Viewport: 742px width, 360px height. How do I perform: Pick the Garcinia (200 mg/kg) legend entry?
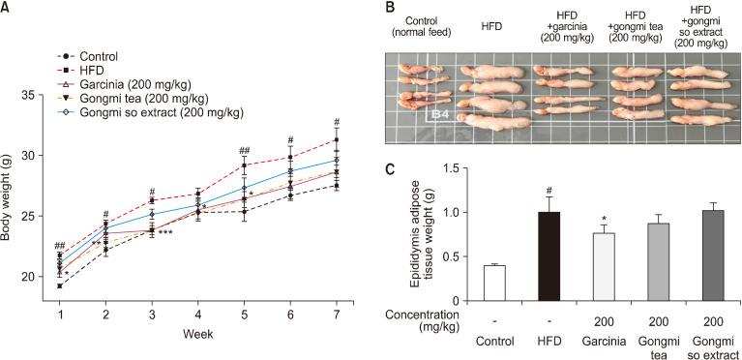click(x=131, y=83)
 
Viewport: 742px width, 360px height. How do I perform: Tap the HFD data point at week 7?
click(x=336, y=139)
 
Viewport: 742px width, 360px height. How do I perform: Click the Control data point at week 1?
click(x=60, y=285)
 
